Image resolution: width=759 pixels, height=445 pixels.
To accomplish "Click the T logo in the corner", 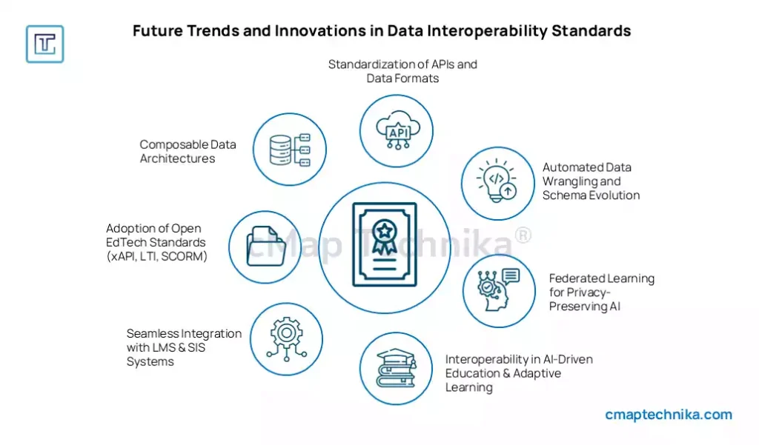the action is [x=45, y=44].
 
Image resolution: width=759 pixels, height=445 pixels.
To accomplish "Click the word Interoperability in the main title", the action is [x=487, y=30].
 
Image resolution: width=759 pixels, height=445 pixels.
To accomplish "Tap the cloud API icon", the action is [x=398, y=130].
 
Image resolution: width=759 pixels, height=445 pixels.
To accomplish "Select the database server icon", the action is [x=290, y=150].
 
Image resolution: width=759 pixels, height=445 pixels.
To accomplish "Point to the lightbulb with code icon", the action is [x=497, y=180].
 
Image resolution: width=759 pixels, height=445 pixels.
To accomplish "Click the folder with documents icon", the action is [x=266, y=247].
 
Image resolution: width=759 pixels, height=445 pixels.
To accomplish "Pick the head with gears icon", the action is [x=497, y=290].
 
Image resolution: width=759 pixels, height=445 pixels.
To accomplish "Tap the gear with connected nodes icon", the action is [x=287, y=338].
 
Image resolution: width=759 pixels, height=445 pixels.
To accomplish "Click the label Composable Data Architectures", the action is [x=188, y=151].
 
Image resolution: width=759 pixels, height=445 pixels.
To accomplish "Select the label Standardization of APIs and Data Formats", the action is [x=402, y=71].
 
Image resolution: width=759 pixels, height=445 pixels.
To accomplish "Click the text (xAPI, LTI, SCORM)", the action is [x=157, y=256].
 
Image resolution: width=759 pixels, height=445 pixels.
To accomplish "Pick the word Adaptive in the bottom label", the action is [x=537, y=373].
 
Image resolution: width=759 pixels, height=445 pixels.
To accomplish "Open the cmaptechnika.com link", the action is [x=669, y=415].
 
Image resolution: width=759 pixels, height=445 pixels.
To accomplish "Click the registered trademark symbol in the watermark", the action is [x=523, y=235].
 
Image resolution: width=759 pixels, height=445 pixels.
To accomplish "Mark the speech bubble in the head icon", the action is [x=511, y=276].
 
